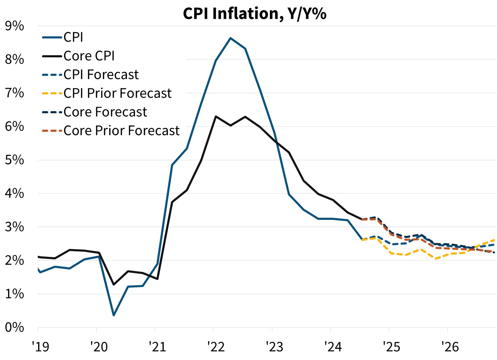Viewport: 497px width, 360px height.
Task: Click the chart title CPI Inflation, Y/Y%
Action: tap(254, 14)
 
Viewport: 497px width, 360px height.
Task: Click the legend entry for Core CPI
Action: tap(89, 56)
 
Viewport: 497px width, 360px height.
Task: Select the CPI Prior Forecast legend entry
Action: tap(118, 93)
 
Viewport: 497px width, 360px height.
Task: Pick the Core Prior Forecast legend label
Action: tap(121, 131)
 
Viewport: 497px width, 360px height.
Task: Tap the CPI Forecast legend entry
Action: tap(101, 75)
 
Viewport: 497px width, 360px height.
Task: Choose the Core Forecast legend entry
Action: tap(105, 112)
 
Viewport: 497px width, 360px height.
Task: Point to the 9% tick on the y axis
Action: tap(14, 26)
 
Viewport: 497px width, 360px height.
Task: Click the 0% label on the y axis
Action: tap(14, 327)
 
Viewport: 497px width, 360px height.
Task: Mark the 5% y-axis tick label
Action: tap(14, 160)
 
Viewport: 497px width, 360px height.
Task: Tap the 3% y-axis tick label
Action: tap(14, 227)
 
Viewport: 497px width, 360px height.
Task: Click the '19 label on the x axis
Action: tap(41, 347)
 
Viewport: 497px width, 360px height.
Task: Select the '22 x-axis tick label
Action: tap(216, 347)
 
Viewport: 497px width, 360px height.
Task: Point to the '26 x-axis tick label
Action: tap(450, 347)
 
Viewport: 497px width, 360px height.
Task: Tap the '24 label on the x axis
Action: tap(333, 347)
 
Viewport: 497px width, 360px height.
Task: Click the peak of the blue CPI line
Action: tap(230, 38)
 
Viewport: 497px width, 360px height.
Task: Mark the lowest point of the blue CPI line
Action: tap(114, 316)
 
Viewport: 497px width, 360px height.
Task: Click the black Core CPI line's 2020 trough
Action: tap(114, 285)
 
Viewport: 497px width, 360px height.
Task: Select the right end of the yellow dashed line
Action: tap(495, 240)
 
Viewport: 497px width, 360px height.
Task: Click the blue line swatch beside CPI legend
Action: tap(52, 37)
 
